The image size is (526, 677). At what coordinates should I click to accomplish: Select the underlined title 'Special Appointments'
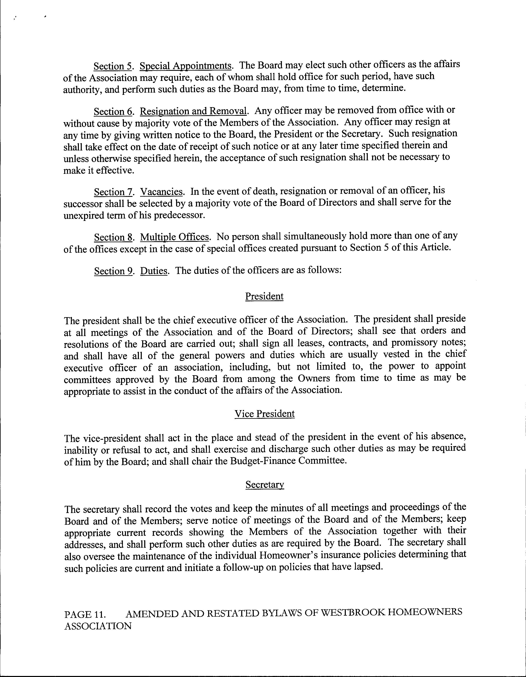[186, 66]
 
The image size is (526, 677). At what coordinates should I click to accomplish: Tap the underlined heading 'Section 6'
[113, 112]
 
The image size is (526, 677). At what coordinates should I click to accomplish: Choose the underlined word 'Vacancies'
[161, 192]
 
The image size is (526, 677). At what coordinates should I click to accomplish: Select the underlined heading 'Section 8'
[113, 238]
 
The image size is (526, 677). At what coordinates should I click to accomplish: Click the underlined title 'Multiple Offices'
[174, 237]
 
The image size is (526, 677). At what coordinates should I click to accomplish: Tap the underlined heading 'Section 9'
[113, 271]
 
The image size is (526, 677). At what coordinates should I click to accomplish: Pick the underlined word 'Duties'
[154, 271]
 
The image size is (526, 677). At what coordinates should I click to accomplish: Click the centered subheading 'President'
[264, 296]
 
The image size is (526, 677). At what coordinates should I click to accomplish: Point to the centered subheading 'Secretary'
[264, 484]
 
